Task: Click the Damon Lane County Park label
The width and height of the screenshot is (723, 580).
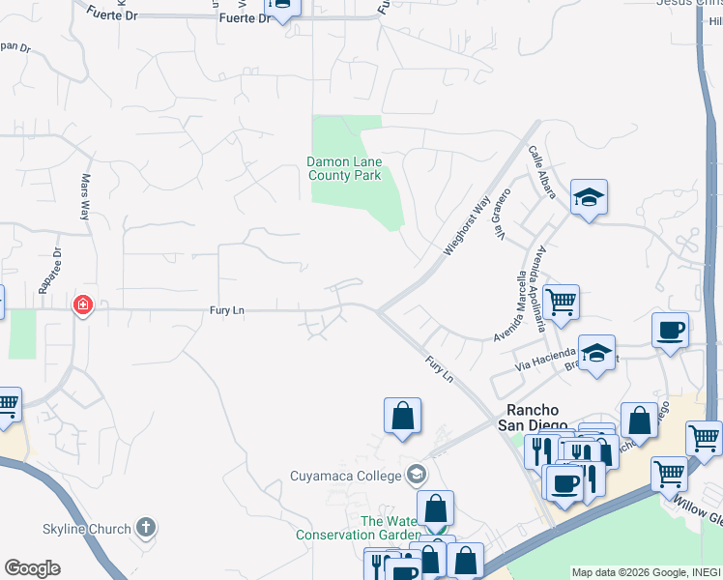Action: [344, 168]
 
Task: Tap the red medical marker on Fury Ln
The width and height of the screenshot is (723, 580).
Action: [83, 305]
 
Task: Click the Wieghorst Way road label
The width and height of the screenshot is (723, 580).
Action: [467, 226]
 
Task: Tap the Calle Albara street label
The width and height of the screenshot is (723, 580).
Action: [541, 173]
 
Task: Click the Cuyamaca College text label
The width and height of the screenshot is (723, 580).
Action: [346, 475]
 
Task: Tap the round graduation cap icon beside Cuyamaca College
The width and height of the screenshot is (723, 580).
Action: [417, 474]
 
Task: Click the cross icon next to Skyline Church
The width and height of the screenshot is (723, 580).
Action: [145, 528]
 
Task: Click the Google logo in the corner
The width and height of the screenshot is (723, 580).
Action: [32, 568]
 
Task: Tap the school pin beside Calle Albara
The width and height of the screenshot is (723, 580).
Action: [589, 199]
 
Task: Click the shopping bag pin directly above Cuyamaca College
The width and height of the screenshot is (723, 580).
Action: [402, 417]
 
